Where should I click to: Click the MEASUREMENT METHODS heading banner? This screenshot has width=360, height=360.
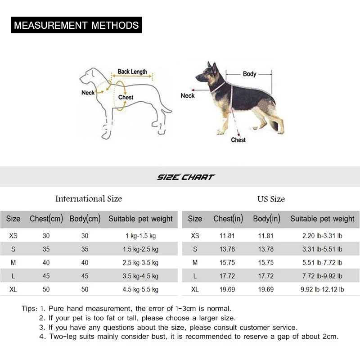click(x=76, y=25)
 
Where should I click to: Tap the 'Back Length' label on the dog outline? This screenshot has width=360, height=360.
click(x=132, y=72)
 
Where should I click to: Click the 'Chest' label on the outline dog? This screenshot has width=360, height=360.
click(x=126, y=97)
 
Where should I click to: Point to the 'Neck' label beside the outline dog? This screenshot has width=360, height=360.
click(x=88, y=93)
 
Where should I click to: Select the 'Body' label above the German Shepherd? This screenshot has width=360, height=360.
click(x=249, y=74)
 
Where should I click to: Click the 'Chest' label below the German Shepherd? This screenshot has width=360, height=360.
click(x=238, y=140)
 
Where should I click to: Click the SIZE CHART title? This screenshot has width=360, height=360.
click(x=185, y=177)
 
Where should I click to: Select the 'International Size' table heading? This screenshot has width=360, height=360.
click(x=89, y=199)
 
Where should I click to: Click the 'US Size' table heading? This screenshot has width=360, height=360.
click(x=271, y=199)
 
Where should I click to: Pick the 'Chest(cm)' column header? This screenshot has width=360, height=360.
click(x=46, y=219)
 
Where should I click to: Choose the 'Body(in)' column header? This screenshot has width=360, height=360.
click(x=266, y=219)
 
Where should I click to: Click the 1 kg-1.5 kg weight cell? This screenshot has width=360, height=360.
click(x=140, y=236)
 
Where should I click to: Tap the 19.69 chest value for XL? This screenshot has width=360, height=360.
click(x=227, y=289)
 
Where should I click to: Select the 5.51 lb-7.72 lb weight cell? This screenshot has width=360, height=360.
click(x=322, y=262)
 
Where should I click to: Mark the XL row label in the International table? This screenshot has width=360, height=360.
click(x=13, y=289)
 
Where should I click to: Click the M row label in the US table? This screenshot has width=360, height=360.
click(x=195, y=262)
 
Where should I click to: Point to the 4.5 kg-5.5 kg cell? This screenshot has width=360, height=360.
click(x=140, y=289)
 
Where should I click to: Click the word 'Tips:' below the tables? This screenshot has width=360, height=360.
click(x=29, y=309)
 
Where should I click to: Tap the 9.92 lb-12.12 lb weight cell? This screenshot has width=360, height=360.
click(x=322, y=289)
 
